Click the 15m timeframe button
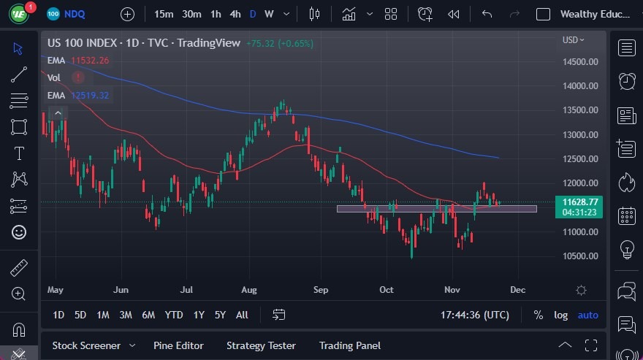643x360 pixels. [x=164, y=14]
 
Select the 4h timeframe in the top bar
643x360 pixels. [x=235, y=14]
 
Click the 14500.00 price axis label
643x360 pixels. [x=581, y=61]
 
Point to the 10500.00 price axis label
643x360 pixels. [x=581, y=256]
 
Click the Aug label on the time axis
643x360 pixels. [x=249, y=290]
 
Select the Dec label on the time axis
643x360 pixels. [x=517, y=290]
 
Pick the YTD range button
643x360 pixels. [x=174, y=315]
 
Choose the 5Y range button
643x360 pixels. [x=220, y=315]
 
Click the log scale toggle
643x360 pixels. [x=561, y=315]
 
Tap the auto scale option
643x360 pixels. [x=587, y=315]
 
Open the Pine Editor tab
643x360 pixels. [x=178, y=345]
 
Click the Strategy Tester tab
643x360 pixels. [x=261, y=345]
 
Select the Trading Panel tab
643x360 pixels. [x=350, y=345]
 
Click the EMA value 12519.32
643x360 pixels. [x=90, y=95]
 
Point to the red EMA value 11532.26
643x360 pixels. [x=90, y=61]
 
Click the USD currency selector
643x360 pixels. [x=574, y=40]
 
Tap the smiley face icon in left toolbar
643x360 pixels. [x=19, y=232]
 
